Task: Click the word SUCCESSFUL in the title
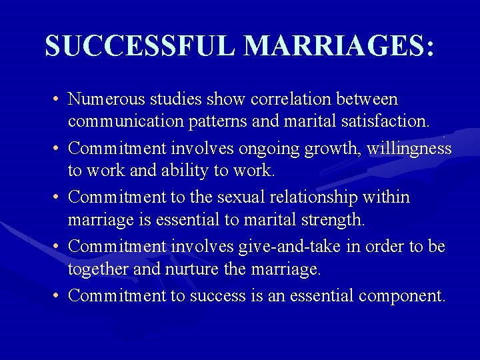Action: pos(141,45)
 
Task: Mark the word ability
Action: pos(182,171)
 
